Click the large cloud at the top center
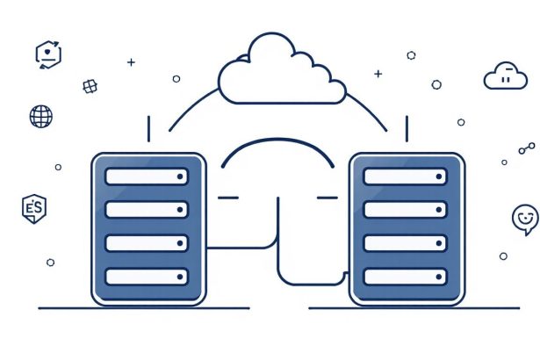[282, 68]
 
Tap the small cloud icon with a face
[506, 76]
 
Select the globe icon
[41, 117]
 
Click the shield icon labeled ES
[34, 209]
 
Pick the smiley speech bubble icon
[525, 220]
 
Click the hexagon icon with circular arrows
[48, 54]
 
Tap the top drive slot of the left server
[147, 176]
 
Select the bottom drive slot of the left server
[147, 277]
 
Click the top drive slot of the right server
[405, 176]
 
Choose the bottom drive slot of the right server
[405, 277]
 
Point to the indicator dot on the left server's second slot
[180, 210]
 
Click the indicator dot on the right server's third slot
[439, 243]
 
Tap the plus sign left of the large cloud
[131, 62]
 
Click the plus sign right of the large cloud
[378, 74]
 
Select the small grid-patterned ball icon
[90, 86]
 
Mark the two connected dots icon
[527, 148]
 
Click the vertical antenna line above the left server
[148, 129]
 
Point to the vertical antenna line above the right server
[407, 129]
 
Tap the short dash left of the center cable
[228, 198]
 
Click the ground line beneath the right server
[414, 308]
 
